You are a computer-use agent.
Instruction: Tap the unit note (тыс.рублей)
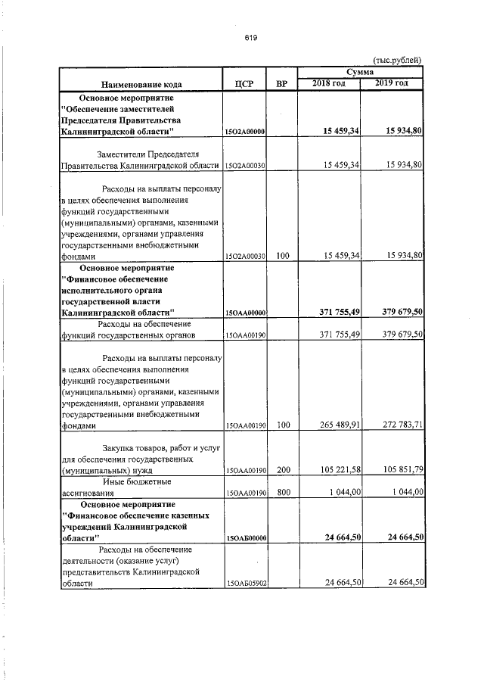coord(398,61)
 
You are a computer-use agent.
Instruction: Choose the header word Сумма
coord(361,72)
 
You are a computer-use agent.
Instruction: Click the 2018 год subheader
coord(329,83)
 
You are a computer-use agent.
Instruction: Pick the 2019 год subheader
coord(392,83)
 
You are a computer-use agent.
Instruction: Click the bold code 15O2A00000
coord(244,132)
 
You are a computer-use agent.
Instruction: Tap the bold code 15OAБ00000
coord(244,538)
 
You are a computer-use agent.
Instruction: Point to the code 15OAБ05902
coord(244,584)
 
